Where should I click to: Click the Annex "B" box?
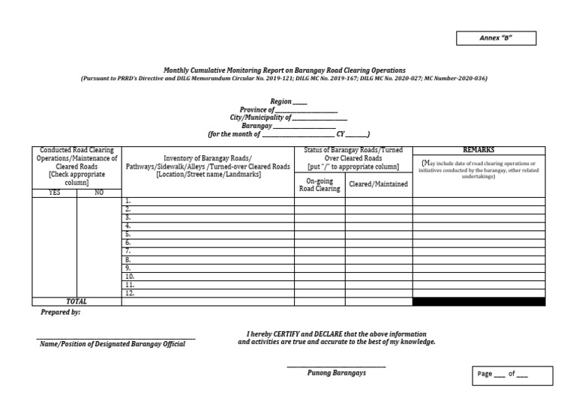click(x=496, y=38)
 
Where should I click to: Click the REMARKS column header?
click(x=478, y=150)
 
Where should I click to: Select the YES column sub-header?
click(x=54, y=193)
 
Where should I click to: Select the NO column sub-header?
click(x=99, y=193)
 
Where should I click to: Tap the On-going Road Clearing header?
click(x=319, y=184)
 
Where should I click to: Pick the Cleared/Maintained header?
click(x=379, y=184)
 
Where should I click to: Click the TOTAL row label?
click(x=76, y=301)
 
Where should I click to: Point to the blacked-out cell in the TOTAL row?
click(x=478, y=301)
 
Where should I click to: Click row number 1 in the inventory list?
click(x=128, y=201)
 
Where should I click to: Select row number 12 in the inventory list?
click(x=130, y=293)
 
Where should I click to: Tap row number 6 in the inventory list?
click(x=128, y=243)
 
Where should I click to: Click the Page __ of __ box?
click(x=513, y=375)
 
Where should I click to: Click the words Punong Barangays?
click(x=337, y=373)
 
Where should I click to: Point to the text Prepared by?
click(x=61, y=313)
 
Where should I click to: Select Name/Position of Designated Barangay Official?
click(x=111, y=344)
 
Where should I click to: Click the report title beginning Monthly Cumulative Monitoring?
click(x=284, y=70)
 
